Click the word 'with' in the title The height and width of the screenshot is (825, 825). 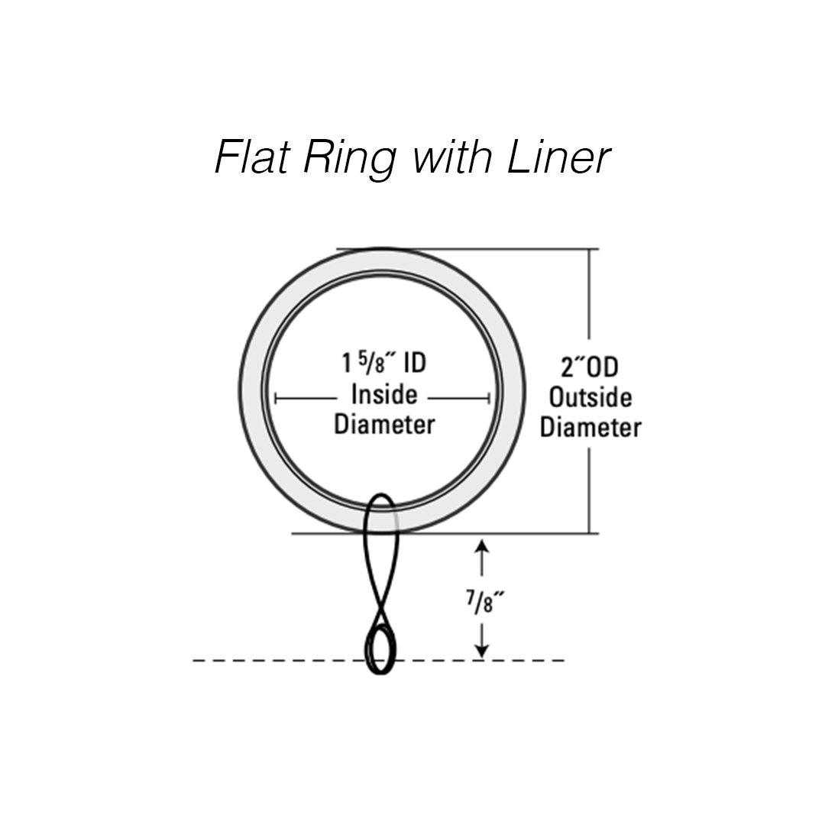point(454,159)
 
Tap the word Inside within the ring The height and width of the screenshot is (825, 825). point(383,395)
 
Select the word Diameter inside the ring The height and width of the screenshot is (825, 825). point(383,425)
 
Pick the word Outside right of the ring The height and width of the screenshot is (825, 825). point(590,398)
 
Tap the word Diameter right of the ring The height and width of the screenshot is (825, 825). point(590,428)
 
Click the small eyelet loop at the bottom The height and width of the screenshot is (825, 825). point(382,649)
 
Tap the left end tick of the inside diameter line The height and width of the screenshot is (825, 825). point(276,398)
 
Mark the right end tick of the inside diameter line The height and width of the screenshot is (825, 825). point(489,398)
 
